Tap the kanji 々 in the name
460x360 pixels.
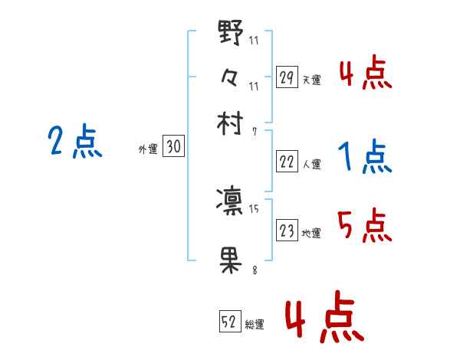coord(231,78)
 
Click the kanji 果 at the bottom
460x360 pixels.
coord(231,260)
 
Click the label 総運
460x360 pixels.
coord(255,324)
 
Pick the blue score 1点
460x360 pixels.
coord(364,158)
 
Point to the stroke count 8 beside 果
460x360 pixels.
coord(253,269)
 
